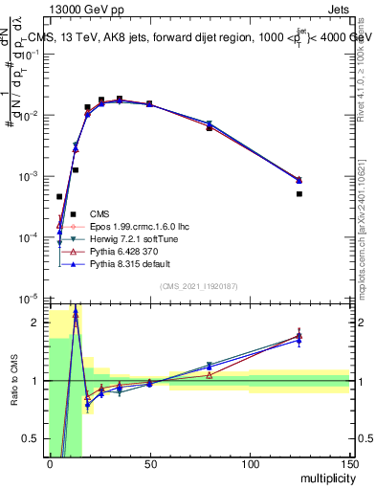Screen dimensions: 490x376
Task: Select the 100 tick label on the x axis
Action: (249, 464)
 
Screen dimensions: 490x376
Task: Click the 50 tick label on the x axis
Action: (149, 464)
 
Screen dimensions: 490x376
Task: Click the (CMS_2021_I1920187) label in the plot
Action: (198, 286)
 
